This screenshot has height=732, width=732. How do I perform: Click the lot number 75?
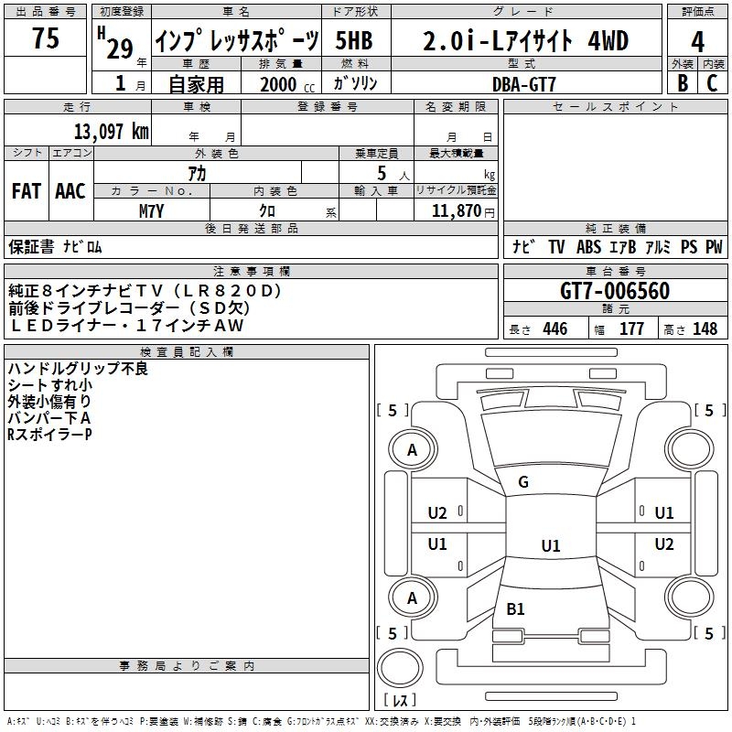45,39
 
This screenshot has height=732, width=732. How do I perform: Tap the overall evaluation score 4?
698,41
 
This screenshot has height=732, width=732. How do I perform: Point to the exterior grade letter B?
682,82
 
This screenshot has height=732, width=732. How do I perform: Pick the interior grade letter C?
713,82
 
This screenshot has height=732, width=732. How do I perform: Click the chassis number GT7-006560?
615,292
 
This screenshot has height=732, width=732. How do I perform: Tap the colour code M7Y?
151,211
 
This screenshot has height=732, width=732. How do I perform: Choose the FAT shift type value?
27,191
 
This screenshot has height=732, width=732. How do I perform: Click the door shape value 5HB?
354,41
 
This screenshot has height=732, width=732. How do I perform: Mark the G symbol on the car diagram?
523,482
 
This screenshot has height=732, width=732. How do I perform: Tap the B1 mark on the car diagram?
515,608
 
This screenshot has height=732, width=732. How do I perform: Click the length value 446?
554,329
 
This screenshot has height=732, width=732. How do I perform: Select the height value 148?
705,329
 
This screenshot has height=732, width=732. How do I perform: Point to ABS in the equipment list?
588,247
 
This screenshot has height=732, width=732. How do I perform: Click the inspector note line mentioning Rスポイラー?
49,434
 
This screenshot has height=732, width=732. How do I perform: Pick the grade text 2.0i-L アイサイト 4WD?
525,41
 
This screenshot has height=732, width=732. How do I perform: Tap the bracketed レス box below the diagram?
401,701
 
